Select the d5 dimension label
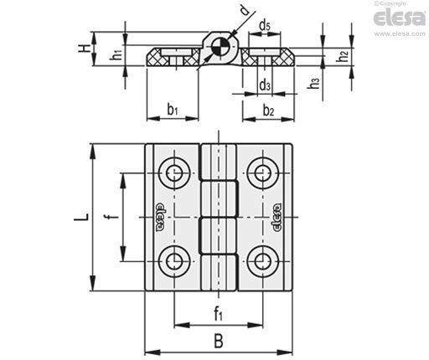coord(264,27)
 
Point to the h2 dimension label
coord(343,55)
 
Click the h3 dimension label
coord(313,83)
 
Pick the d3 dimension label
coord(265,85)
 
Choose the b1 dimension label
coord(173,110)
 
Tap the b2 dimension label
coord(268,111)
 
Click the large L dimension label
coord(81,217)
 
